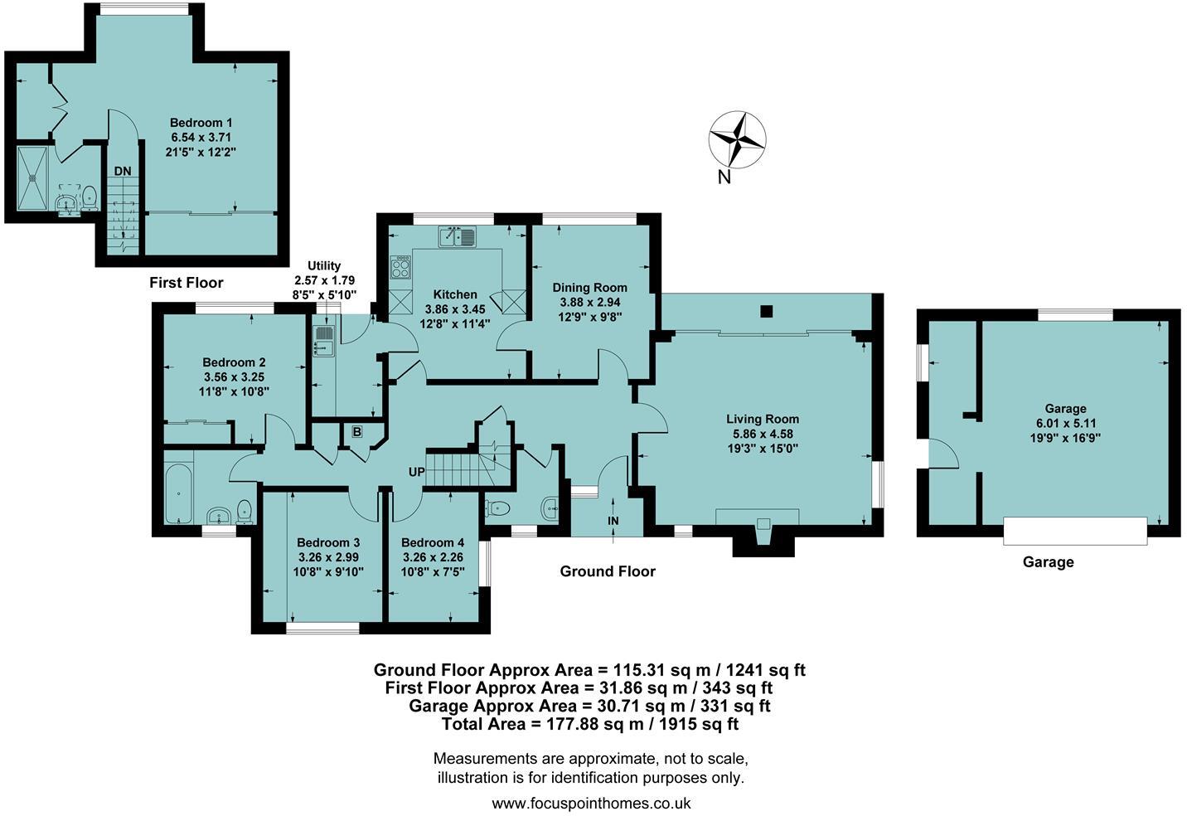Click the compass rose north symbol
[736, 138]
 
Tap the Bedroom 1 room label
[196, 121]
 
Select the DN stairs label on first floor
[123, 171]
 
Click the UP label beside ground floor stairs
[416, 472]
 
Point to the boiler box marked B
[357, 431]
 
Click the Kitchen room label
[455, 294]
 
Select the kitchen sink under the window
[458, 237]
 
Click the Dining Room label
[589, 288]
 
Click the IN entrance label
[613, 521]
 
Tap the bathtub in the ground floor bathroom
[179, 493]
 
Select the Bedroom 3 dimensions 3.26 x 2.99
[327, 557]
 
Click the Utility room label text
[323, 266]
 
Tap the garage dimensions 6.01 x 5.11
[1065, 423]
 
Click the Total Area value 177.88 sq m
[591, 724]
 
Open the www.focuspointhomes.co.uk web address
[591, 803]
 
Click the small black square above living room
[767, 312]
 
